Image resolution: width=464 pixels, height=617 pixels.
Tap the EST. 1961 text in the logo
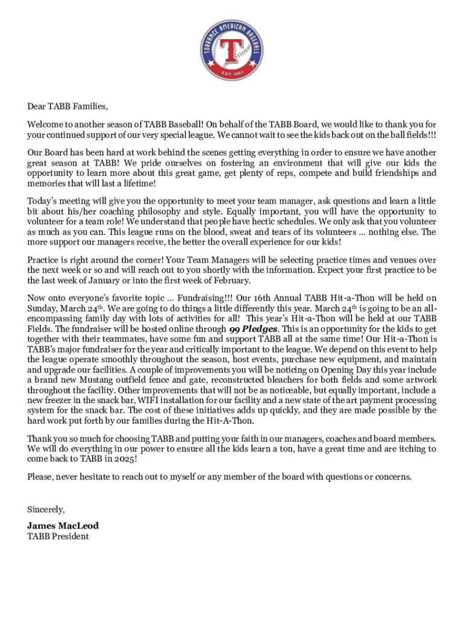[x=232, y=74]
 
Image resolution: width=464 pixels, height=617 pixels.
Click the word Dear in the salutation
[x=37, y=107]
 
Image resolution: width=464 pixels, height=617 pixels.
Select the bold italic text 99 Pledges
[x=253, y=329]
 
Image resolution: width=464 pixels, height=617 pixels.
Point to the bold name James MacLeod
[x=63, y=525]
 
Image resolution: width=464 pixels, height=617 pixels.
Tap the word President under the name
[x=70, y=536]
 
